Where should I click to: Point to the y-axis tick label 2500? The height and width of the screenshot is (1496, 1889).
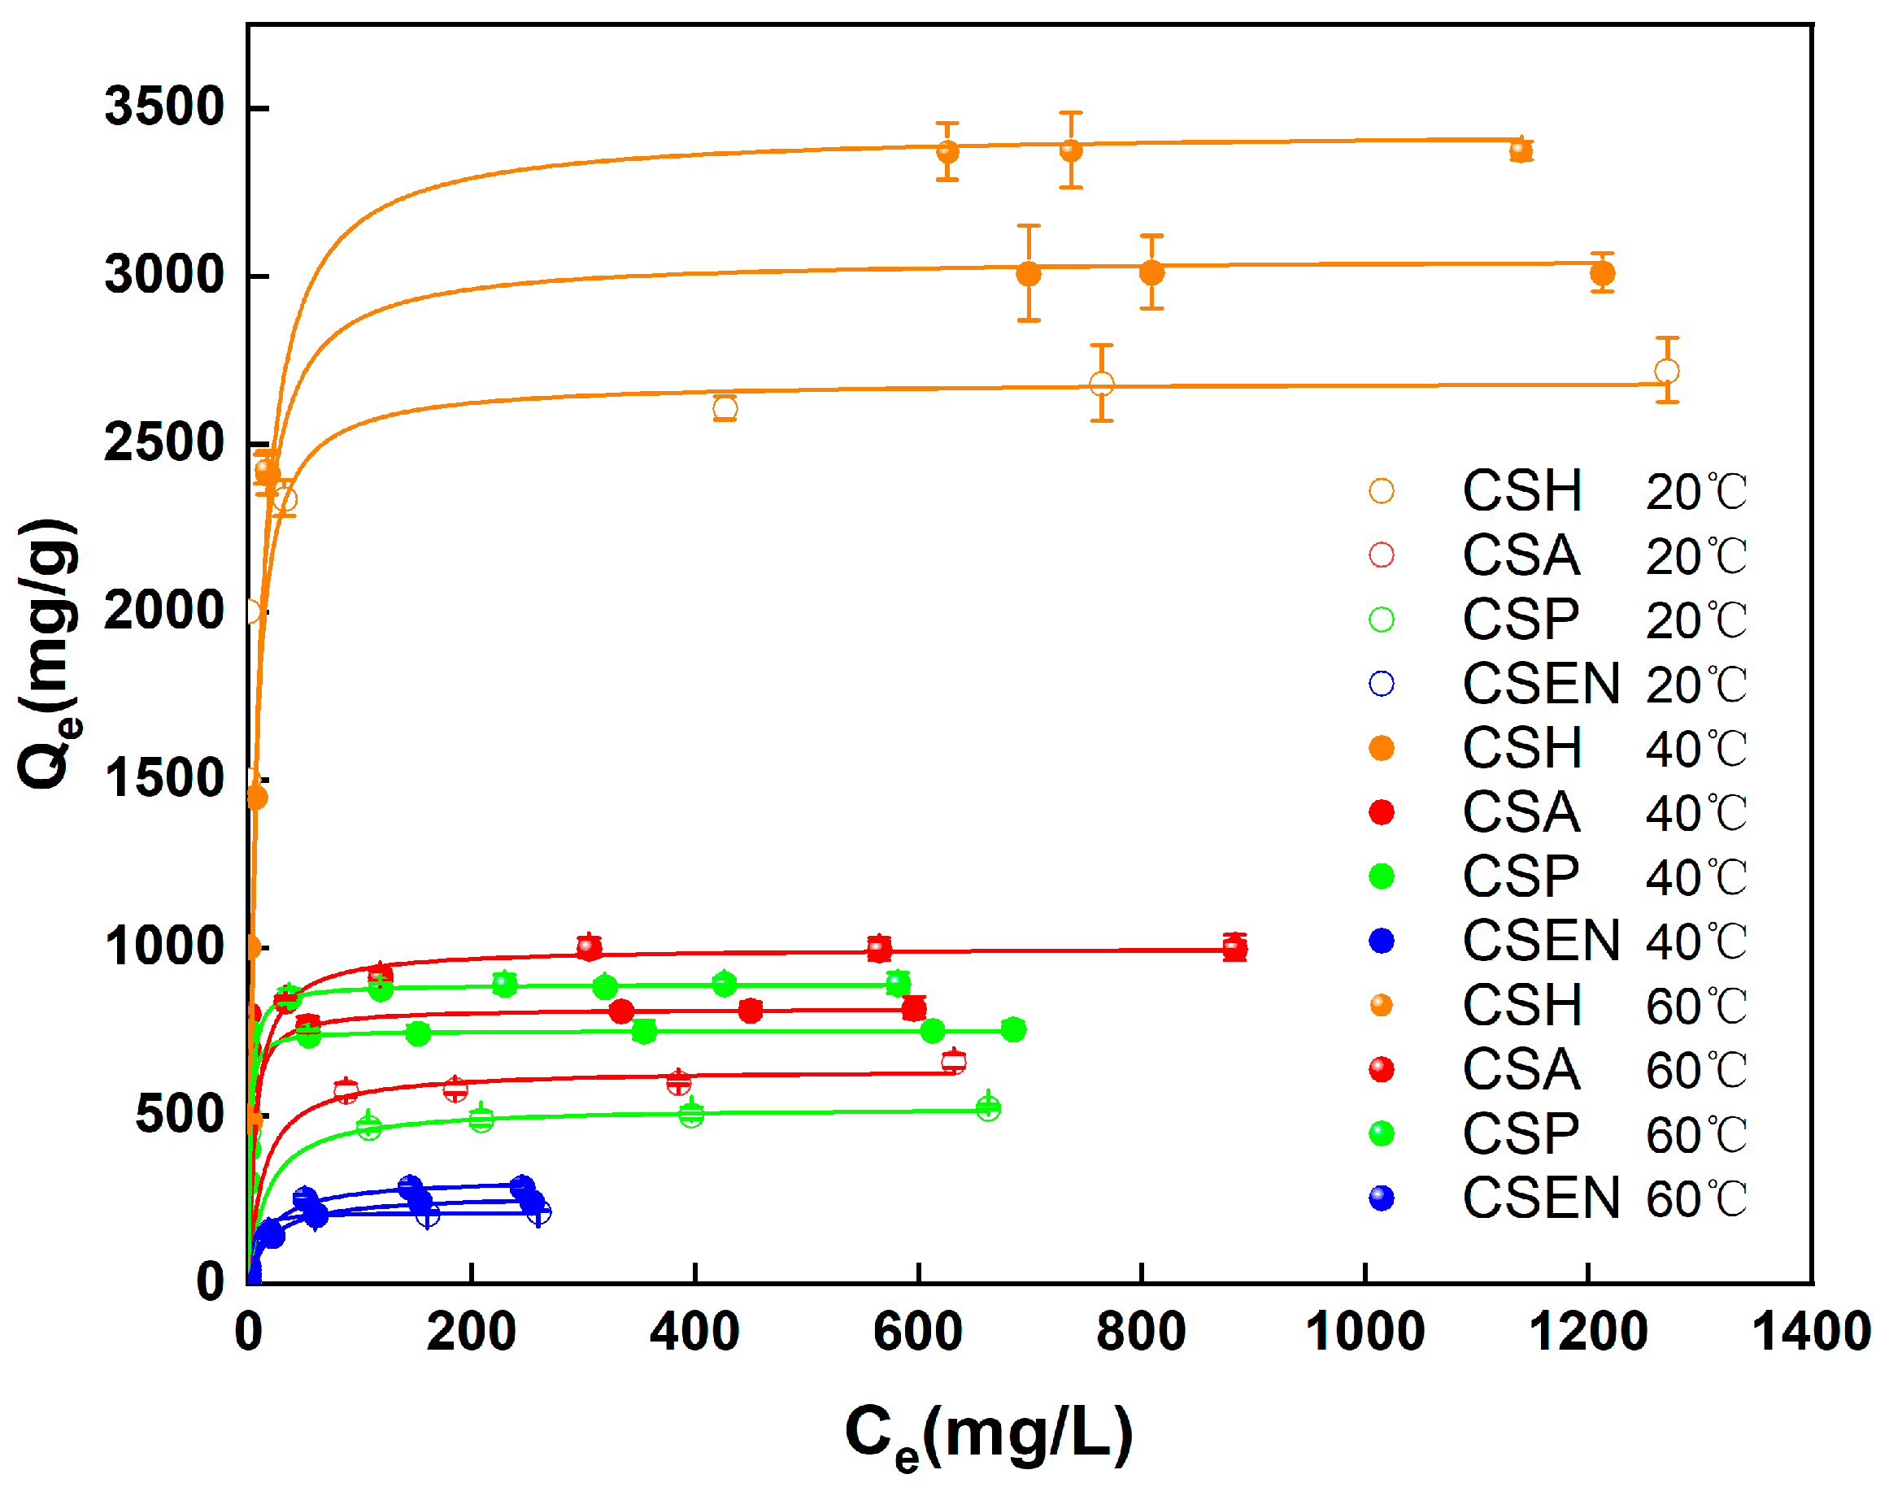(163, 443)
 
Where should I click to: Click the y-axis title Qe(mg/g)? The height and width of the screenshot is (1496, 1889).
(49, 654)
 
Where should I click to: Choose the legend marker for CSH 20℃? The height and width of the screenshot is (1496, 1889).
(1382, 491)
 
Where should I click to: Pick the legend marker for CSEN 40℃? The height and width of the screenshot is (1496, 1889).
(1382, 942)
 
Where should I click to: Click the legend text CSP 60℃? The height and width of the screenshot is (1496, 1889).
(1604, 1134)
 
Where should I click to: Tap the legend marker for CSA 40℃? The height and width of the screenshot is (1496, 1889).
(1382, 813)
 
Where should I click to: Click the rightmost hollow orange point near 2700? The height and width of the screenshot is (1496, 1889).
(1666, 372)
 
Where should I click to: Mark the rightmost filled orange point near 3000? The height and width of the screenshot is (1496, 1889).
(1603, 274)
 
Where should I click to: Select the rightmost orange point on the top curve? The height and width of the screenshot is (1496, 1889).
(1521, 150)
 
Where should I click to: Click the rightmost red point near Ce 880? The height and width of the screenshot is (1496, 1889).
(1235, 948)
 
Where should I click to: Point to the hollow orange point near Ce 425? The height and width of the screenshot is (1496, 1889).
(725, 408)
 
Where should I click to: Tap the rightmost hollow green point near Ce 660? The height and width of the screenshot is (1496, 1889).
(988, 1109)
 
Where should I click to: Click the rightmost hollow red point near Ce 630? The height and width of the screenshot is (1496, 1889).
(953, 1063)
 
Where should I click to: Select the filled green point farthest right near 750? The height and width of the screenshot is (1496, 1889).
(1013, 1030)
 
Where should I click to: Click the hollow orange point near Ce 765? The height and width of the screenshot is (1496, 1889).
(1101, 384)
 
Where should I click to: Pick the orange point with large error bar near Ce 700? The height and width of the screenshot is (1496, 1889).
(1029, 274)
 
